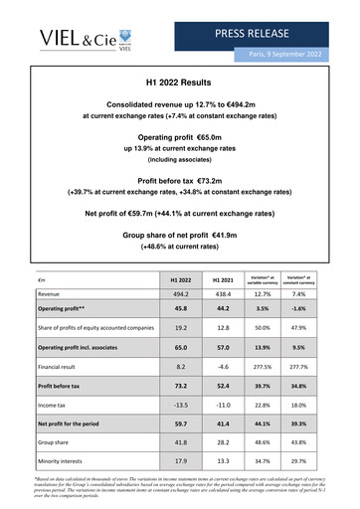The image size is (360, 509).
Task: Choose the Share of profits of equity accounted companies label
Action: click(x=95, y=326)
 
